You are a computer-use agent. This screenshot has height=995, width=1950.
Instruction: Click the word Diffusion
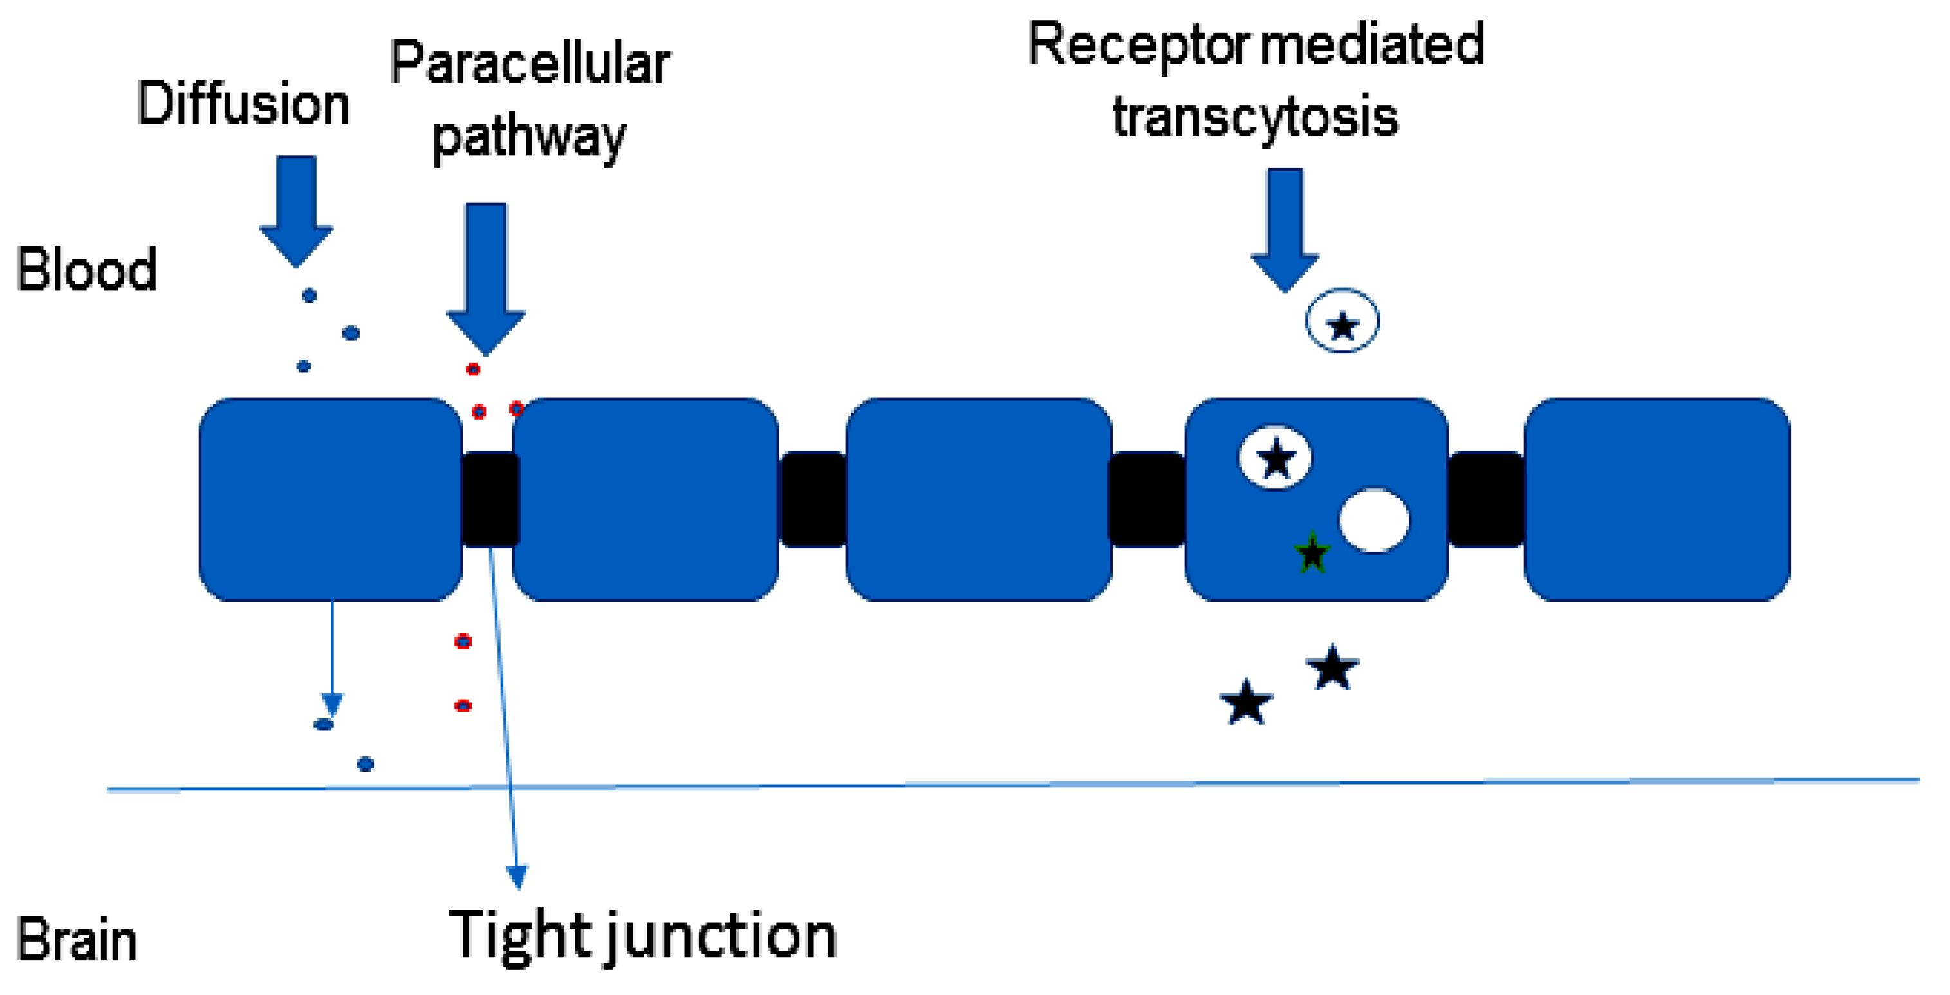(x=243, y=104)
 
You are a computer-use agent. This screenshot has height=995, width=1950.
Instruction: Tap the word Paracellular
(x=529, y=64)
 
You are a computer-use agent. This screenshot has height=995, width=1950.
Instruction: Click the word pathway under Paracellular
(x=528, y=138)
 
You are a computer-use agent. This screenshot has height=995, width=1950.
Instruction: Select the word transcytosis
(x=1255, y=116)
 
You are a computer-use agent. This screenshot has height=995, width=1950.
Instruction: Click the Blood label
(x=86, y=270)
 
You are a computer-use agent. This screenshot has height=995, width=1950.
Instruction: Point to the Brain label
(x=77, y=940)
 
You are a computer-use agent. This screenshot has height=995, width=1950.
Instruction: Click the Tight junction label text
(x=642, y=936)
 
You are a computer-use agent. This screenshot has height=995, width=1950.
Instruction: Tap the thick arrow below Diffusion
(x=296, y=209)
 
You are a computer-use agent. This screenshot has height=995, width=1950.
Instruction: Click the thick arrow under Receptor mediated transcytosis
(x=1285, y=227)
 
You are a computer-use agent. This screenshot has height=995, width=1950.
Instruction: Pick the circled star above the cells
(x=1342, y=322)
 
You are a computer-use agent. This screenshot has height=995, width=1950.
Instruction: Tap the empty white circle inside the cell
(x=1374, y=520)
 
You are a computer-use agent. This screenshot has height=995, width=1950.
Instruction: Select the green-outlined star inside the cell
(x=1312, y=553)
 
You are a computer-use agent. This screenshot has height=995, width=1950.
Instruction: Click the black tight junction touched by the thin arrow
(x=490, y=499)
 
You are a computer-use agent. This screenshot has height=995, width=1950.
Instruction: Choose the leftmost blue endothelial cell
(x=331, y=499)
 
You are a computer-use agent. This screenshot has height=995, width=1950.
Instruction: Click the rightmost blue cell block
(x=1657, y=499)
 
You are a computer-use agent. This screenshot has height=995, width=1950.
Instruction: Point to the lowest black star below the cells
(x=1246, y=703)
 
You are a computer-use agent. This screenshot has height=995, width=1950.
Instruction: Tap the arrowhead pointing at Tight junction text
(x=517, y=877)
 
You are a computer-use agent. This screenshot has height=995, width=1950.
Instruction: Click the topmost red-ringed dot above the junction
(x=473, y=369)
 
